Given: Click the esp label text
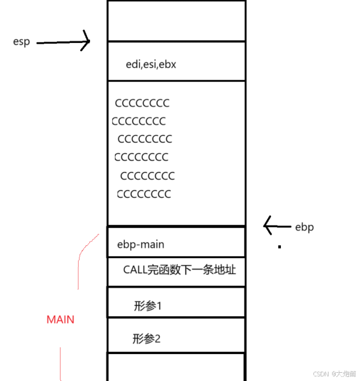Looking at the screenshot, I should (x=21, y=42).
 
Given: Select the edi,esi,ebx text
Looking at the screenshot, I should (x=152, y=65).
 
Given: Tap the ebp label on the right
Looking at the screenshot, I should (x=304, y=227).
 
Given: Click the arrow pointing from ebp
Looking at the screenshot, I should (x=277, y=226).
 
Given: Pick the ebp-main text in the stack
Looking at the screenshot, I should (x=141, y=244).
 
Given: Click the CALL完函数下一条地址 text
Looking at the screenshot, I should (x=179, y=270).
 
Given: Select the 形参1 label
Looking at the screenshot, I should (x=148, y=306).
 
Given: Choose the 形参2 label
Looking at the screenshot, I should (x=147, y=339).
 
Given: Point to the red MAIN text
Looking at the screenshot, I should (x=61, y=319).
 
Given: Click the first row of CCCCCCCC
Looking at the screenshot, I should (x=142, y=104).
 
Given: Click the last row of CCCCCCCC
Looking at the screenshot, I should (x=144, y=195).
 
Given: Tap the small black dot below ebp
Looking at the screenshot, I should (x=279, y=247).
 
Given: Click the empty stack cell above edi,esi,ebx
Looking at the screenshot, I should (x=176, y=21).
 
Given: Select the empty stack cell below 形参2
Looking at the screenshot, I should (x=176, y=367).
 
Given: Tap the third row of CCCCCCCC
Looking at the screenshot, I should (x=145, y=139).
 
